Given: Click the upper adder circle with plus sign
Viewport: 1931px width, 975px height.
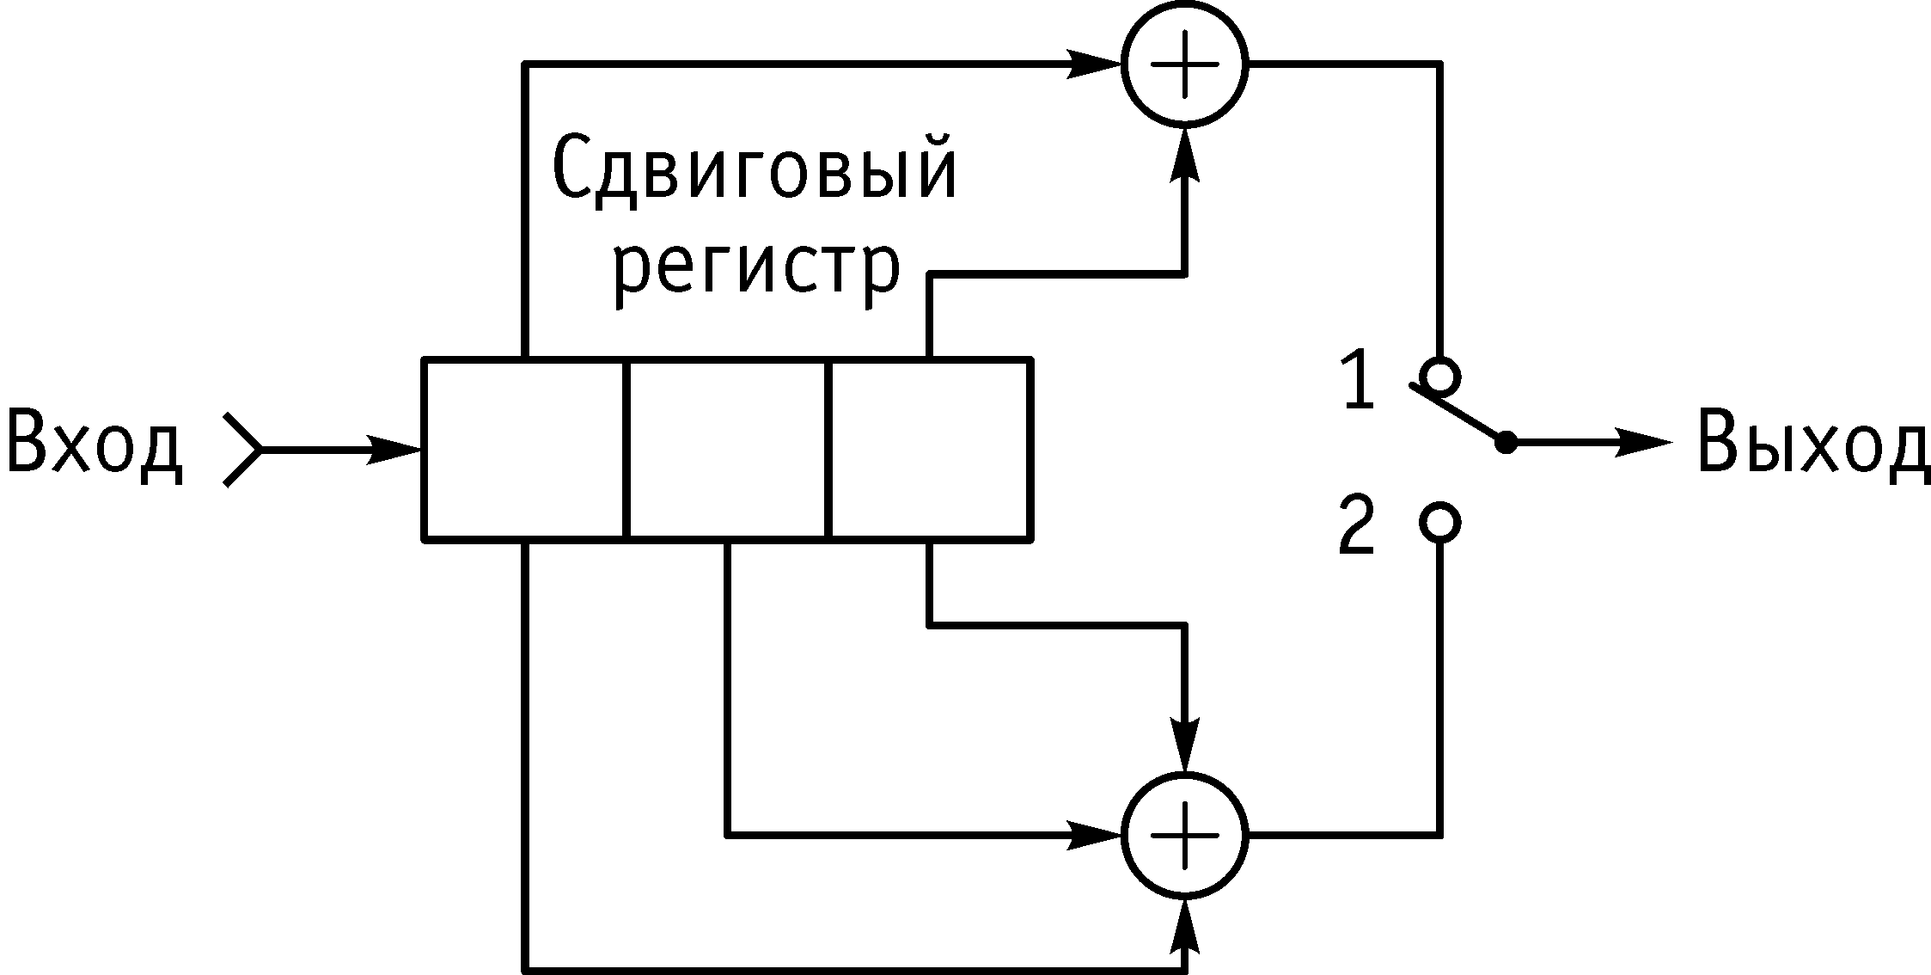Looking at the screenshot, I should coord(1185,64).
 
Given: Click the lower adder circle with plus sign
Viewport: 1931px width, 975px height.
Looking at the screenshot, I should coord(1185,834).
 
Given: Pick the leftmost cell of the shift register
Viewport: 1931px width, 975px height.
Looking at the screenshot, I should coord(524,449).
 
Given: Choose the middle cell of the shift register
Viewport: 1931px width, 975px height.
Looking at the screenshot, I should coord(727,449).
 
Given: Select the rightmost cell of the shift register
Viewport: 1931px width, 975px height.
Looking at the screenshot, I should coord(929,449).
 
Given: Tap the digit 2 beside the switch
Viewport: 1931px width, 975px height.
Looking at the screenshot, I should coord(1357,524).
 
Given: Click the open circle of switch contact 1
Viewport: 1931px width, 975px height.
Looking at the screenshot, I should coord(1439,377).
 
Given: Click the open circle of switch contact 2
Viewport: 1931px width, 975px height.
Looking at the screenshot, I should coord(1439,523).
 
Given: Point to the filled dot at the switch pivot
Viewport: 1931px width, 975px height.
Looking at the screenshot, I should coord(1506,443).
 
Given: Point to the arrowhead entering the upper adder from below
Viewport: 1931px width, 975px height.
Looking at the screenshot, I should coord(1185,155).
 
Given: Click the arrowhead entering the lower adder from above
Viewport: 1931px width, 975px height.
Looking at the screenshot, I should coord(1185,744).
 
